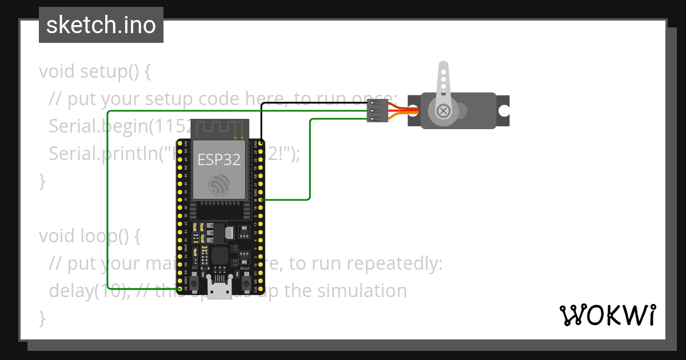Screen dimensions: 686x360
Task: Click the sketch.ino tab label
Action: (101, 25)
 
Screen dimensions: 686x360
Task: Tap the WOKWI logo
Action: (607, 315)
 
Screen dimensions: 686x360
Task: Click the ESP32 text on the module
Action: (219, 159)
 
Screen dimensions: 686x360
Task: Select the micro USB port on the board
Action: (220, 291)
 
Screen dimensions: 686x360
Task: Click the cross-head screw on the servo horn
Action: (442, 111)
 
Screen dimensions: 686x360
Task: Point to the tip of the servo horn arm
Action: (442, 68)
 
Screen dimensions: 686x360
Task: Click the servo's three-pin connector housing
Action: (377, 111)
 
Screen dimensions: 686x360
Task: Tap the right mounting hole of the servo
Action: (504, 110)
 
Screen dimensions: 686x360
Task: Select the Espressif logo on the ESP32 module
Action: (219, 184)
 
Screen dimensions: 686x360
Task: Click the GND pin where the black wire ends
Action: (261, 143)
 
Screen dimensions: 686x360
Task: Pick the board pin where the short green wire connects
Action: (261, 199)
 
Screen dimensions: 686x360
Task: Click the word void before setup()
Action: (57, 72)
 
